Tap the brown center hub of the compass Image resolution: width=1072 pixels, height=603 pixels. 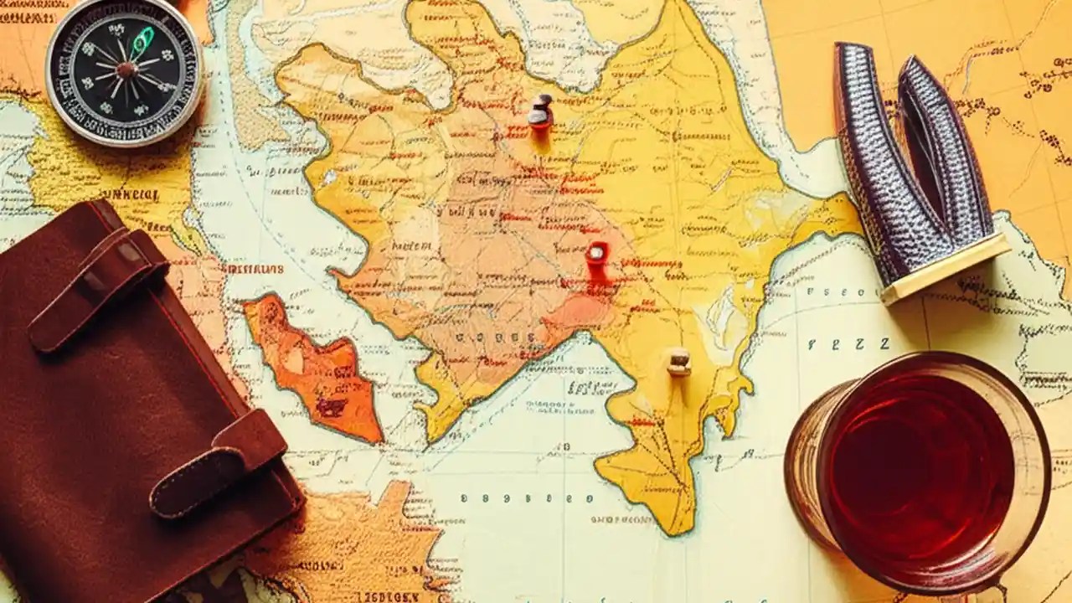click(126, 69)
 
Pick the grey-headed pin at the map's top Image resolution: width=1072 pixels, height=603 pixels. click(541, 110)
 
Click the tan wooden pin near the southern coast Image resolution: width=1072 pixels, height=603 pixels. click(678, 362)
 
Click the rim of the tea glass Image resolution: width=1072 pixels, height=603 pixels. click(1043, 435)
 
